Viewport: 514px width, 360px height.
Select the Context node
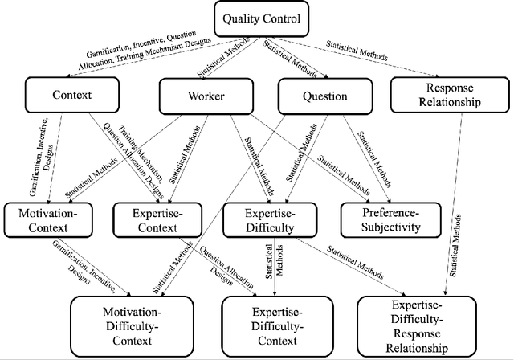tap(71, 95)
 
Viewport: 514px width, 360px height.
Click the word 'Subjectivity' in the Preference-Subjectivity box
tap(391, 227)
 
